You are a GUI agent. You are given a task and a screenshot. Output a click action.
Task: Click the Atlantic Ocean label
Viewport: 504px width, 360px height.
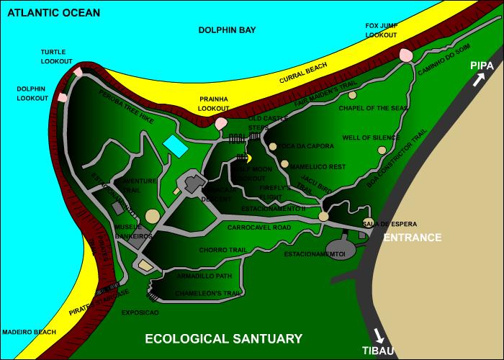[x=50, y=12]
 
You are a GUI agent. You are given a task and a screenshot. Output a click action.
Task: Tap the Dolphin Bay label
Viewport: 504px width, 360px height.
[x=228, y=30]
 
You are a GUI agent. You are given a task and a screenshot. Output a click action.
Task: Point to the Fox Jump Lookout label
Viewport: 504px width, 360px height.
[x=381, y=30]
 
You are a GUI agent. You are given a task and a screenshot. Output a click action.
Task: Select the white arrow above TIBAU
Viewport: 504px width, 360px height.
[x=379, y=336]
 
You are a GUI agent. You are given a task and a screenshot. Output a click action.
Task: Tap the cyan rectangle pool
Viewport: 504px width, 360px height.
[x=174, y=144]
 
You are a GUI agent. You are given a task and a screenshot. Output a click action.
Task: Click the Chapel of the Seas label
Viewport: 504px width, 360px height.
[x=373, y=109]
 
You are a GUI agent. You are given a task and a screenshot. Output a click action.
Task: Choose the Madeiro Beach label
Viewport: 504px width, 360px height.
[x=28, y=332]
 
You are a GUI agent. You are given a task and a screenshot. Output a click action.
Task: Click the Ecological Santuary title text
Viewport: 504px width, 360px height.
[x=223, y=338]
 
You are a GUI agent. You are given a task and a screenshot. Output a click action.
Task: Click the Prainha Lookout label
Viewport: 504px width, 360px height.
[x=214, y=103]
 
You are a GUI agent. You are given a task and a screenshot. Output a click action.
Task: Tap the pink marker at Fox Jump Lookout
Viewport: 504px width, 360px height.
[x=405, y=55]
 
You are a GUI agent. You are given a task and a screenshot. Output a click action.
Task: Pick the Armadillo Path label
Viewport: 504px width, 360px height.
[x=204, y=275]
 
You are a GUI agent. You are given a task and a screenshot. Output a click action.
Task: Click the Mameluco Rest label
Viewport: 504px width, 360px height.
[x=318, y=166]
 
